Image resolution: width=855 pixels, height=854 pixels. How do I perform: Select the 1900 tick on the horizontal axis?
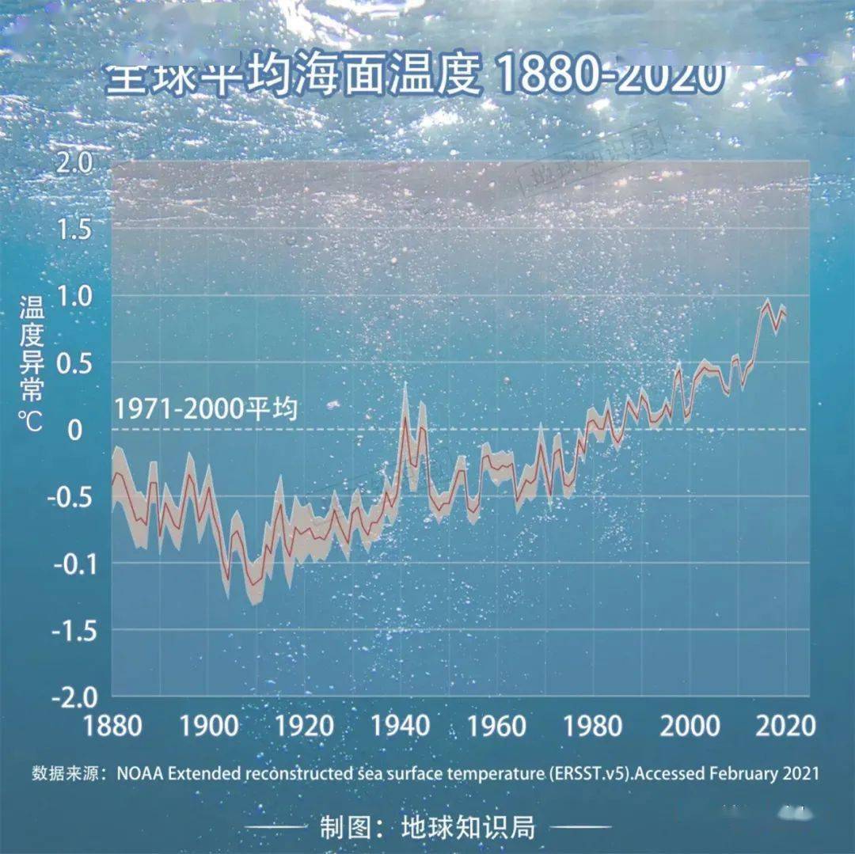click(x=209, y=726)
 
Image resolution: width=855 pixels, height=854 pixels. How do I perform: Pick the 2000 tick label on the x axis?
click(x=690, y=726)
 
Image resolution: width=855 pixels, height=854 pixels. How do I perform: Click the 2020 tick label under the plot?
click(x=784, y=726)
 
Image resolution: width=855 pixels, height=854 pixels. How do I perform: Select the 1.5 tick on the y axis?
click(x=74, y=229)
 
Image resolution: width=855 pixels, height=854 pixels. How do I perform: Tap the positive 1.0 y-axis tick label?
click(x=74, y=296)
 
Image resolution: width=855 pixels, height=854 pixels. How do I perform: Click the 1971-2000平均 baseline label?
click(x=206, y=410)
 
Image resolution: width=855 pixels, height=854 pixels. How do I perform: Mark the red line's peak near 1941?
click(x=405, y=416)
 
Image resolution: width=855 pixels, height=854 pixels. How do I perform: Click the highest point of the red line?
click(x=766, y=303)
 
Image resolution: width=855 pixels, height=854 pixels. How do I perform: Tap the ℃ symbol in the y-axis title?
click(x=32, y=421)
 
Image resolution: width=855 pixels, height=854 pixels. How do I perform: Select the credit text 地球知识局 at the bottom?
click(x=468, y=828)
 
